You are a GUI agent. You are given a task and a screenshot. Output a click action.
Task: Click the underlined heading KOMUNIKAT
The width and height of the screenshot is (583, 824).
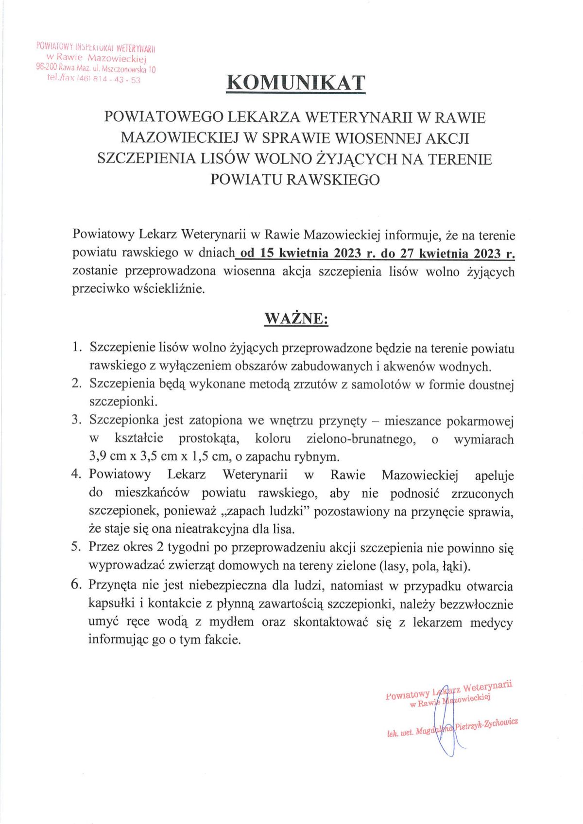pyautogui.click(x=295, y=83)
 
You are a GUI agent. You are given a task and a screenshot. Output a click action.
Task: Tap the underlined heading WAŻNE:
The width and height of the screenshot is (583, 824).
pyautogui.click(x=296, y=319)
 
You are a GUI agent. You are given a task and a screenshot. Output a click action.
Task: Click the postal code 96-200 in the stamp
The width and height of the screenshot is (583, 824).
pyautogui.click(x=46, y=68)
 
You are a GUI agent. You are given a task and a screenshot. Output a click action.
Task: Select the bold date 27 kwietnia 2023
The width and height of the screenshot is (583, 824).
pyautogui.click(x=456, y=253)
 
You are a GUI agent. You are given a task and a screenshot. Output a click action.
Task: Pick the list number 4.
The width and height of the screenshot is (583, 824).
pyautogui.click(x=76, y=474)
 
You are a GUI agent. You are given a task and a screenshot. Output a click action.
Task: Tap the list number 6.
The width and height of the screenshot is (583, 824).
pyautogui.click(x=76, y=584)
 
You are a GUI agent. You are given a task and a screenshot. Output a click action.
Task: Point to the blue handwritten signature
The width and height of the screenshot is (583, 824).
pyautogui.click(x=446, y=719)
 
